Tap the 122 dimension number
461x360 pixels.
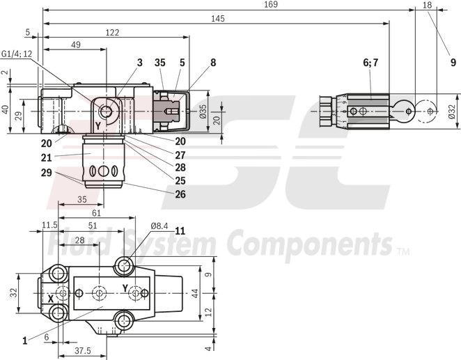pos(111,32)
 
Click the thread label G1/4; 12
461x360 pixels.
pos(17,54)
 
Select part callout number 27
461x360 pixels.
pos(180,155)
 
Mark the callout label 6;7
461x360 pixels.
pos(370,62)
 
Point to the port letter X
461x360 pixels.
pos(51,297)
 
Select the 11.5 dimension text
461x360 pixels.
pos(49,225)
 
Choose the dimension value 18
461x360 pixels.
pos(428,5)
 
